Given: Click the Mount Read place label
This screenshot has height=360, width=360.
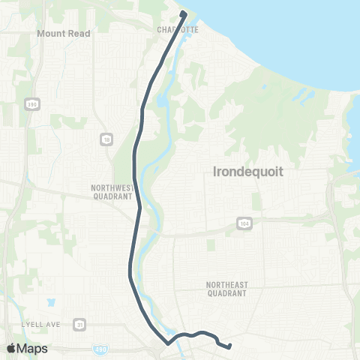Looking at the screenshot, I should point(64,34).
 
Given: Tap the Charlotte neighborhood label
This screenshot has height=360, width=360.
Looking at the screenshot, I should point(178,29).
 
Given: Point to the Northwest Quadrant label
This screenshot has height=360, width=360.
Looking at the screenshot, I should point(112,192).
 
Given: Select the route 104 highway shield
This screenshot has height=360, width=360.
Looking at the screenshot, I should point(244,223).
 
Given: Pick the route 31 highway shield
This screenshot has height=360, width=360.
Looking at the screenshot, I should point(79,325).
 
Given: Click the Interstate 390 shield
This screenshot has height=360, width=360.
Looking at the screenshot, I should point(31,103).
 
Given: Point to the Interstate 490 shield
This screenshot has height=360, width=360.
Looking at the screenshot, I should point(102,349).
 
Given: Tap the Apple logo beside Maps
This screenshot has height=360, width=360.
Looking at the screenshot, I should point(10,348).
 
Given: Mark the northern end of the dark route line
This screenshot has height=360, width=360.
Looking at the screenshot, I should point(183,13).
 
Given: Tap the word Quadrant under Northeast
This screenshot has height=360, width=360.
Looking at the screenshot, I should point(226,293).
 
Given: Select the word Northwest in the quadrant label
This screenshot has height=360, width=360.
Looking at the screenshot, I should point(112,187).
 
